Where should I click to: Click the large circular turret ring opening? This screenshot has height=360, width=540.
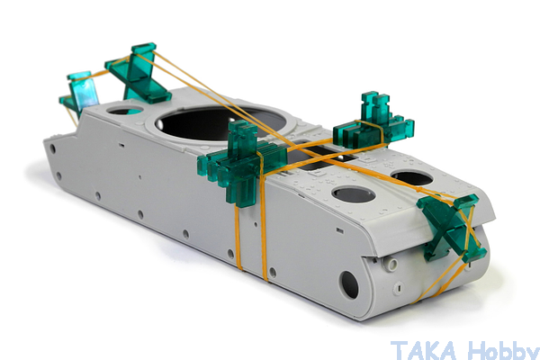pyautogui.click(x=220, y=123)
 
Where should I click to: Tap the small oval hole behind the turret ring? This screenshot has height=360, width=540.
pyautogui.click(x=125, y=110)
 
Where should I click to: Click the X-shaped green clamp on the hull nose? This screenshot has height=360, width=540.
pyautogui.click(x=452, y=228)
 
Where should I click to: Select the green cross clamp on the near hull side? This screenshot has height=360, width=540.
pyautogui.click(x=242, y=163)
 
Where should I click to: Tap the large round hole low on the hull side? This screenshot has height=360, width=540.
pyautogui.click(x=349, y=285)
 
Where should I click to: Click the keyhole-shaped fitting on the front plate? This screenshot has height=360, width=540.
pyautogui.click(x=399, y=288)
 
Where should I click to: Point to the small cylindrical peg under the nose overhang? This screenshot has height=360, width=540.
pyautogui.click(x=391, y=265)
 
